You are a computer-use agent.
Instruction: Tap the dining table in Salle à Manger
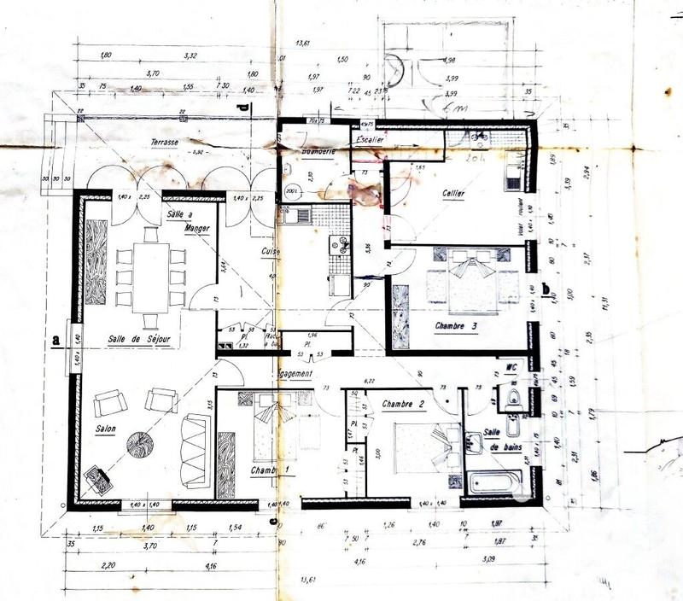click(151, 276)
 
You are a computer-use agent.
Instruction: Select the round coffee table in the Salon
click(140, 443)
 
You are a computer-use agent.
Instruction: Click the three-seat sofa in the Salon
click(196, 451)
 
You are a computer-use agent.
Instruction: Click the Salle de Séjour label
click(138, 340)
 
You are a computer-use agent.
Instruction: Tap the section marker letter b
click(546, 289)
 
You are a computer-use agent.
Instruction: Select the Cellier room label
click(453, 194)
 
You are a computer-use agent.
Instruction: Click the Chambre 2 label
click(403, 404)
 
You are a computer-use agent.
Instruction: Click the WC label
click(512, 369)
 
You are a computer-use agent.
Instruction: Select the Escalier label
click(373, 138)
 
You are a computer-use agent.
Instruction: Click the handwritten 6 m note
click(443, 107)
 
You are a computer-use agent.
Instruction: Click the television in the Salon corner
click(98, 481)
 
